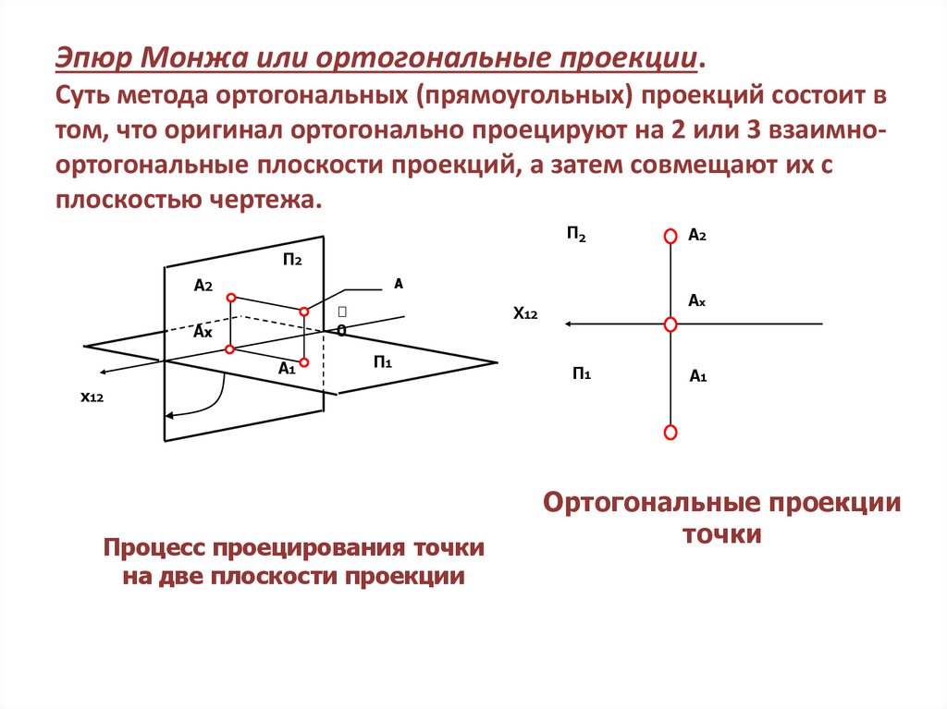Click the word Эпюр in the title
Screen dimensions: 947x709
[x=92, y=58]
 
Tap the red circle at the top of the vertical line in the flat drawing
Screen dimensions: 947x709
[x=671, y=237]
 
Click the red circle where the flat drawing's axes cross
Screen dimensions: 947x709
[x=671, y=324]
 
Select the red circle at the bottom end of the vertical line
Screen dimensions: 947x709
[x=671, y=432]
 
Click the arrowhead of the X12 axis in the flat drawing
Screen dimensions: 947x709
[x=570, y=324]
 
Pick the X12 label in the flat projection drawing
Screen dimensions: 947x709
[x=525, y=314]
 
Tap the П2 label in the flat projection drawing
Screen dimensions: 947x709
[x=576, y=235]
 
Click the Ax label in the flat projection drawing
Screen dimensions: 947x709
[x=697, y=300]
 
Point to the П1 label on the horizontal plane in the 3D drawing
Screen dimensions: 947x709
[x=384, y=361]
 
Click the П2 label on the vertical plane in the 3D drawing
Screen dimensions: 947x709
[x=293, y=260]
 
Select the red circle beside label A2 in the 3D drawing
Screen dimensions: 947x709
[x=231, y=298]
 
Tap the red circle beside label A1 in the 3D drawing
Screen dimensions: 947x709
[x=303, y=361]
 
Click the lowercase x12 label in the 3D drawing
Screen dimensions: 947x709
[x=91, y=397]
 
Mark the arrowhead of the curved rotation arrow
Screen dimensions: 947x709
[x=173, y=418]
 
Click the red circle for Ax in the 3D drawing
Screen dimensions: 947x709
[x=230, y=349]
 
